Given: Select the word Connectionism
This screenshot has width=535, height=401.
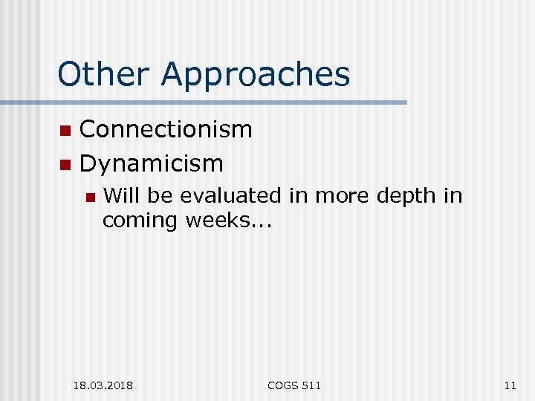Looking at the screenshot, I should (166, 129).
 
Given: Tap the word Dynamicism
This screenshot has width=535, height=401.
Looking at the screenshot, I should (152, 163).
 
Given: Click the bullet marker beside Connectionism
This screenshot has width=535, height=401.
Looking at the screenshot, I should (65, 131).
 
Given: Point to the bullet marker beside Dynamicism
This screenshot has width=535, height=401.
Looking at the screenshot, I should (65, 164).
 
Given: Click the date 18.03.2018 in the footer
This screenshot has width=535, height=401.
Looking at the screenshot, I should (103, 385).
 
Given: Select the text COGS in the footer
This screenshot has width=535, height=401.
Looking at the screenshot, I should (282, 385).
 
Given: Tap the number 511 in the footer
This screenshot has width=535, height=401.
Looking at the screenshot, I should (312, 385).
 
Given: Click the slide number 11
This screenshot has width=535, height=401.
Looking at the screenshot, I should (509, 385).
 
